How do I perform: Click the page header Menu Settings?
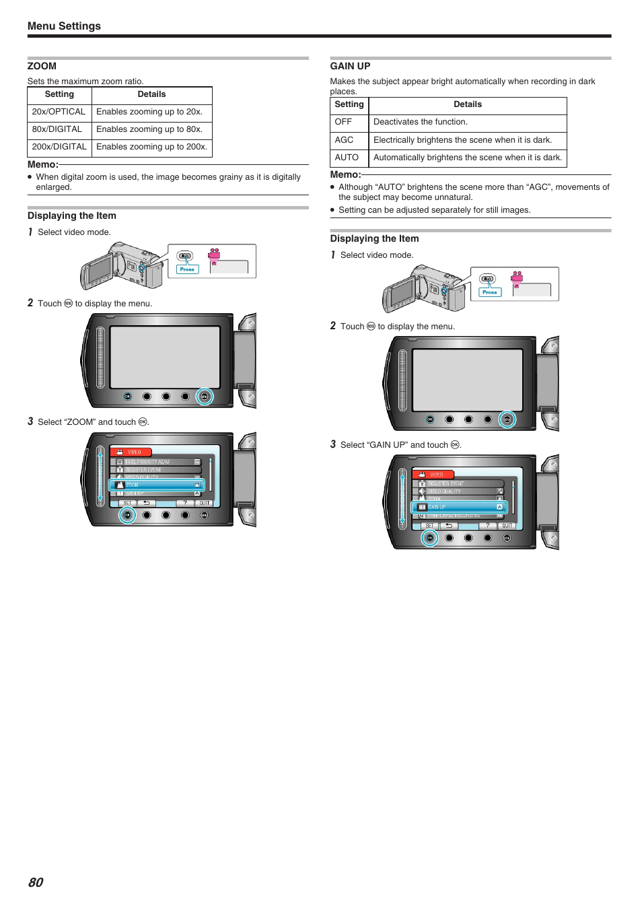(64, 26)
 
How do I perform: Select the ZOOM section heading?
(42, 66)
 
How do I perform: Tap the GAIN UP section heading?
(350, 66)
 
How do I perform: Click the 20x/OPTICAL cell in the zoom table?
(59, 112)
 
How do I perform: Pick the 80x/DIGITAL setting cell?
(57, 129)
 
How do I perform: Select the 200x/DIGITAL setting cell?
(59, 147)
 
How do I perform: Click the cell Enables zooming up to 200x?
(151, 147)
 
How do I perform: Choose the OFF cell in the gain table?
(343, 122)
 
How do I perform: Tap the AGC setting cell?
(344, 140)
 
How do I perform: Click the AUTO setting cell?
(347, 158)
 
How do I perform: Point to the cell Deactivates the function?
(421, 122)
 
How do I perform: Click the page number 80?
(36, 882)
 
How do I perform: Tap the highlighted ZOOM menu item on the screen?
(157, 485)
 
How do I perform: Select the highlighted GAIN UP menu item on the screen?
(460, 507)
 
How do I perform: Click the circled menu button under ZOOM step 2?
(205, 397)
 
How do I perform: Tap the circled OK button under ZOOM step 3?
(127, 515)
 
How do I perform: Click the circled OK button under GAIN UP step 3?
(430, 538)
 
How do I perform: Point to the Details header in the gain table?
(468, 104)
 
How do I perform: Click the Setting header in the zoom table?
(59, 94)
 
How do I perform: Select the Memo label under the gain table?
(345, 174)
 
